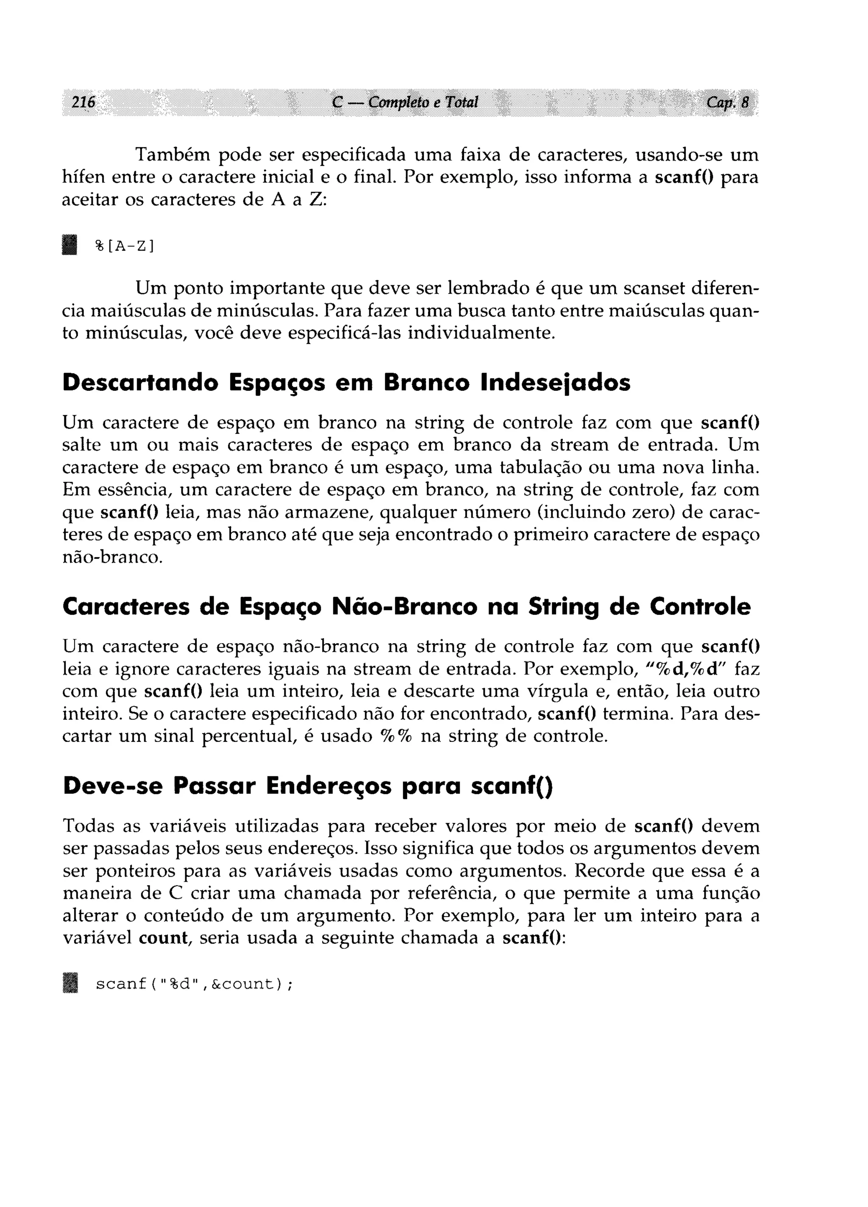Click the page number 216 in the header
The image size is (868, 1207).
(x=83, y=102)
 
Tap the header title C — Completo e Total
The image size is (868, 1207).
(x=404, y=102)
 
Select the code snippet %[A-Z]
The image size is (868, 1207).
(x=125, y=246)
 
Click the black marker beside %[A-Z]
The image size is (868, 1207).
(x=69, y=245)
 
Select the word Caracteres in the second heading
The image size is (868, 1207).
(x=125, y=607)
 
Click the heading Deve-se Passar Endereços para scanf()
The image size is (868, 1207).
(x=308, y=786)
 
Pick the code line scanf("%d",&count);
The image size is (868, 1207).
(x=194, y=984)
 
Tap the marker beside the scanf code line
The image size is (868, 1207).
(x=69, y=984)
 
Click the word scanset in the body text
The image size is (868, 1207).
(x=653, y=288)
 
